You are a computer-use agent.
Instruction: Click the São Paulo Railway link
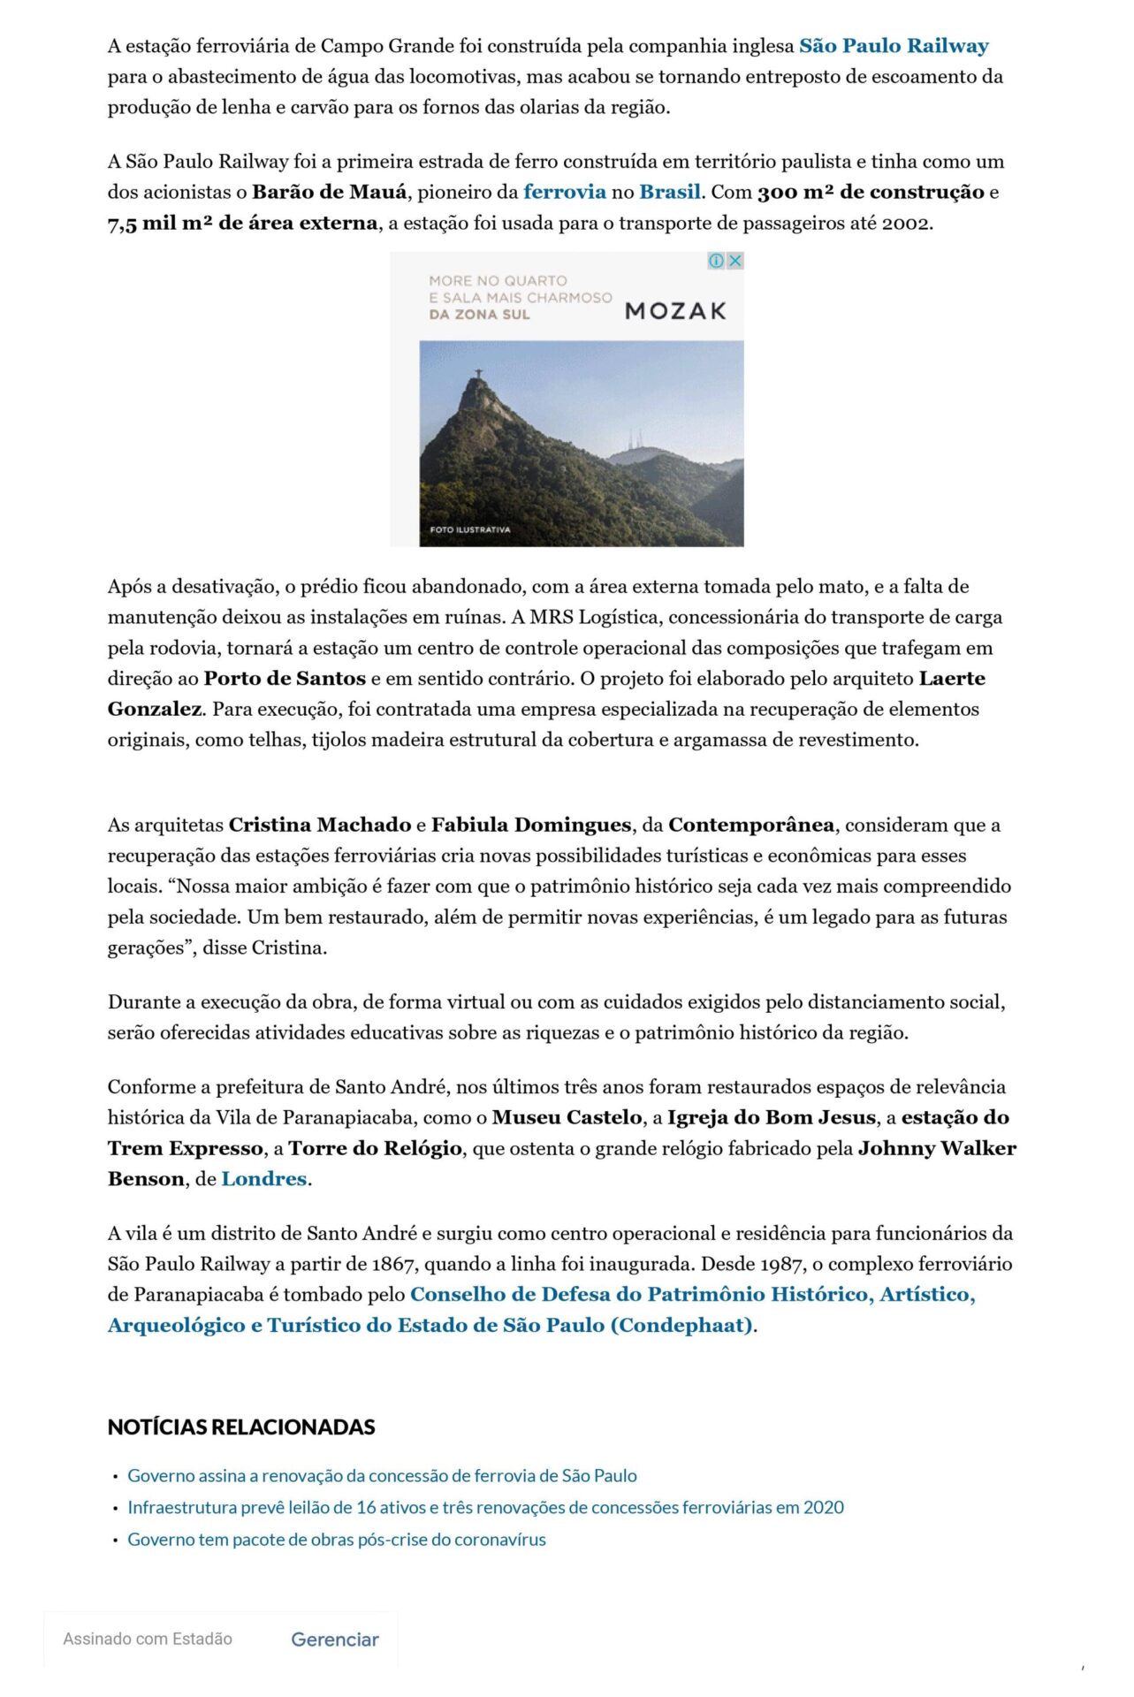point(894,46)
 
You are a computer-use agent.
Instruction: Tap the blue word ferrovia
point(564,192)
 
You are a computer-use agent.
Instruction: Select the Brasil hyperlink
point(669,192)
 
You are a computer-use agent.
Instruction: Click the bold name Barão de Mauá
point(330,192)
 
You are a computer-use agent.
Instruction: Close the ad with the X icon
point(734,261)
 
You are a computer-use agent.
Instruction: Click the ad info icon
point(717,261)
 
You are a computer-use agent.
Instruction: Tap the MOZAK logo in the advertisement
point(675,311)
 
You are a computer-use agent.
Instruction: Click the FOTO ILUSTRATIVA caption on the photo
point(470,529)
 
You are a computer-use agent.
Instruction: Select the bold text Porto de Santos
point(285,679)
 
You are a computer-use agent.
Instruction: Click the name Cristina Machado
point(320,825)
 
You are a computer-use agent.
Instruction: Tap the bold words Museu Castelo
point(567,1117)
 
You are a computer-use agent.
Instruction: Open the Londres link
point(263,1179)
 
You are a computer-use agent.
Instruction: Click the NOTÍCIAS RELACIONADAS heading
point(241,1427)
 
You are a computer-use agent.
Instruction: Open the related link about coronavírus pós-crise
point(337,1540)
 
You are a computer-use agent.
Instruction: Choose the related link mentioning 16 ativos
point(485,1508)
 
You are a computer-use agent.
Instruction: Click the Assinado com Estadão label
point(148,1640)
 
